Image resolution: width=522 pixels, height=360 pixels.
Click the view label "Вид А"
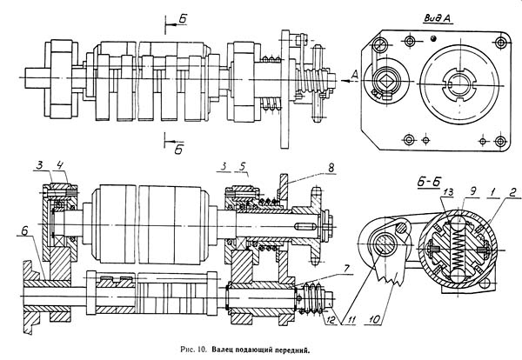(x=437, y=18)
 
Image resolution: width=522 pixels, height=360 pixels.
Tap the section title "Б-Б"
(x=429, y=182)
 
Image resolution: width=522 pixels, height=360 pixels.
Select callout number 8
(x=331, y=168)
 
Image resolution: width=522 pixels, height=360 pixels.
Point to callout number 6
(x=25, y=231)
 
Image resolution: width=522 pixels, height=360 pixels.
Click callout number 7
(x=347, y=269)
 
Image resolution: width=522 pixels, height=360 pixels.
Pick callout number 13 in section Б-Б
(x=448, y=192)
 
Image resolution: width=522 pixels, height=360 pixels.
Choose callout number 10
(x=374, y=320)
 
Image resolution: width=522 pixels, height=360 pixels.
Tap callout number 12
(x=330, y=320)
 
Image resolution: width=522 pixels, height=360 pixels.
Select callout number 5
(x=244, y=166)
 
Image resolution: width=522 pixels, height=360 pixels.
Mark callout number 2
(x=513, y=191)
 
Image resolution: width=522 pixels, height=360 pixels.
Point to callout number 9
(x=472, y=191)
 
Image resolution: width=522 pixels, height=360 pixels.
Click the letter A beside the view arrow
(x=355, y=75)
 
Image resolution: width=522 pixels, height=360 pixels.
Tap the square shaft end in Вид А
(x=383, y=80)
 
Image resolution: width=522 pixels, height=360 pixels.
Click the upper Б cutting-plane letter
(x=183, y=19)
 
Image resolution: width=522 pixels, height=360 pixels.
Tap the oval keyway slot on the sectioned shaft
(x=305, y=227)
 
